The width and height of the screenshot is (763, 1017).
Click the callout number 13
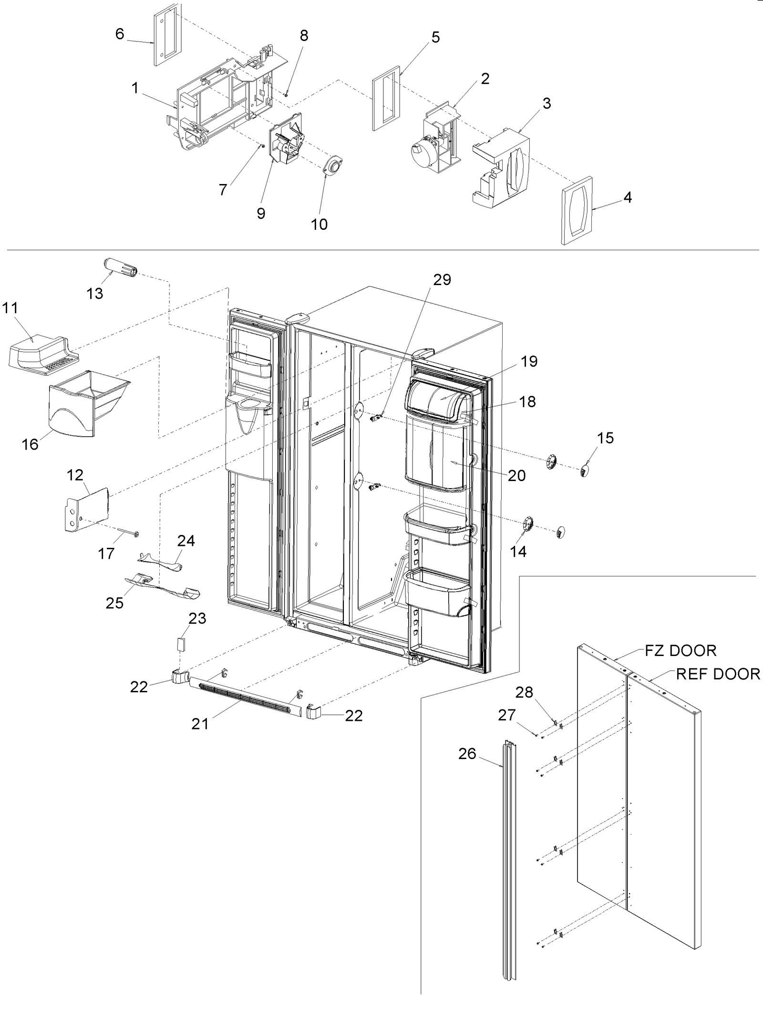coord(94,294)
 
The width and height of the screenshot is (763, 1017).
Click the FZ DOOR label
coord(681,651)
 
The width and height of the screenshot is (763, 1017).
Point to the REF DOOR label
coord(718,674)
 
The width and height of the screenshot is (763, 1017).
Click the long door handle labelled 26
coord(509,858)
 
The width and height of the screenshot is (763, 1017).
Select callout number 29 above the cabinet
coord(442,280)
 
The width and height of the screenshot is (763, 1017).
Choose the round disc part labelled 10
coord(333,167)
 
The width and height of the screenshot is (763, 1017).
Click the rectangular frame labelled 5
coord(386,98)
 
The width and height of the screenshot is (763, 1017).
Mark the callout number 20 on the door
coord(516,476)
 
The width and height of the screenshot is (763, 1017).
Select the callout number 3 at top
coord(546,103)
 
